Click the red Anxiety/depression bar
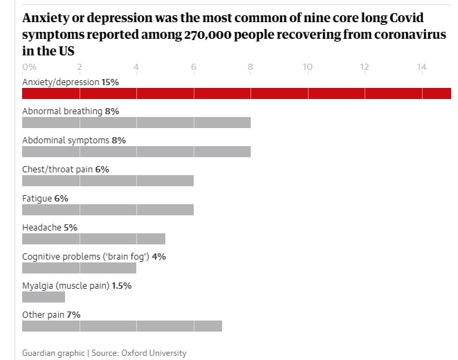pyautogui.click(x=236, y=93)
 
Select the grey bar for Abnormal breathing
pyautogui.click(x=136, y=123)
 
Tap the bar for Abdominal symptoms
pyautogui.click(x=136, y=152)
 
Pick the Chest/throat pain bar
pyautogui.click(x=108, y=181)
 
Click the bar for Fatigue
pyautogui.click(x=108, y=210)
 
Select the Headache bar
pyautogui.click(x=93, y=239)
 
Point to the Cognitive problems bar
pyautogui.click(x=79, y=268)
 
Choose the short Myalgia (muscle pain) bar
pyautogui.click(x=44, y=297)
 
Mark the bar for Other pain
pyautogui.click(x=122, y=326)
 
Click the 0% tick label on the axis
pyautogui.click(x=30, y=67)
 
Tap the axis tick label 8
pyautogui.click(x=250, y=67)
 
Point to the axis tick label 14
pyautogui.click(x=421, y=67)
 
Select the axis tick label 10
pyautogui.click(x=307, y=67)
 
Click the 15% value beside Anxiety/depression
pyautogui.click(x=110, y=82)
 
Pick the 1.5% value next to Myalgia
pyautogui.click(x=122, y=285)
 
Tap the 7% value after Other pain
pyautogui.click(x=73, y=314)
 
